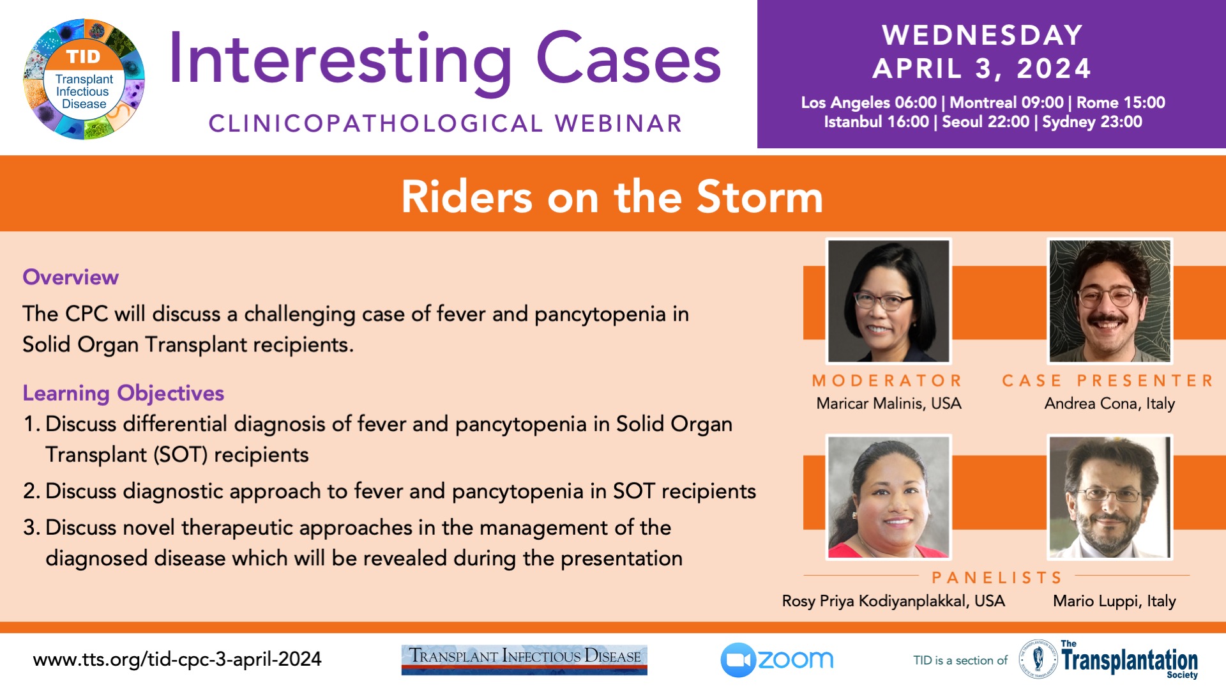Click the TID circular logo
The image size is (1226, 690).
(x=84, y=79)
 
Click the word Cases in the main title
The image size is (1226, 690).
(x=628, y=59)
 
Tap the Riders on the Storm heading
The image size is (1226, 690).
(x=612, y=196)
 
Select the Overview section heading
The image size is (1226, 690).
(x=70, y=277)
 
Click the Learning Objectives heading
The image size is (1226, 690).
(x=123, y=394)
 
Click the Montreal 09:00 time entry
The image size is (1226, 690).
(x=1007, y=102)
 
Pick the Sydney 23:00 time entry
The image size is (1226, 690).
(x=1092, y=121)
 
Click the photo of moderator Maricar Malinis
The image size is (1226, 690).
(x=888, y=301)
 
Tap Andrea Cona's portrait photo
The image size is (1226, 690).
(x=1110, y=301)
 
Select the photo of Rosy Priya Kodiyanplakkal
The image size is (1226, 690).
(x=888, y=497)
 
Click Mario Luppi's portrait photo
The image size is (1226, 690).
(x=1110, y=497)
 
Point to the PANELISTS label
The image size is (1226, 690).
(x=997, y=578)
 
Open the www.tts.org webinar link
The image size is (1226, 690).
(x=177, y=659)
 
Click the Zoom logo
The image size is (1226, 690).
(x=777, y=660)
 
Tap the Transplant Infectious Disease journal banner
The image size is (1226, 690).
(x=524, y=659)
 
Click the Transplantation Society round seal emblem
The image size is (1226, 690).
(x=1038, y=659)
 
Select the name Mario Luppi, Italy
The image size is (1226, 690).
(x=1114, y=601)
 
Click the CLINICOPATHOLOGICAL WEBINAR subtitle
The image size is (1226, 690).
(x=446, y=124)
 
